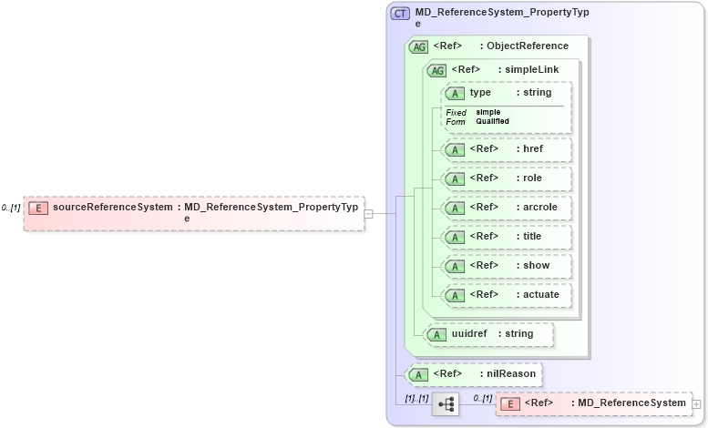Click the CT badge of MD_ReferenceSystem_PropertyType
[x=400, y=14]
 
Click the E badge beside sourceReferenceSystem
[x=38, y=208]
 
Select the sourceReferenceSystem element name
[x=112, y=208]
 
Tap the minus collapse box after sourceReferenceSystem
[x=369, y=213]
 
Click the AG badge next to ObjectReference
[x=419, y=46]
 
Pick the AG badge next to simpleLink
[x=437, y=70]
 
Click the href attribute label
[x=532, y=148]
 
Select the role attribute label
[x=532, y=178]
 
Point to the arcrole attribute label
[x=540, y=207]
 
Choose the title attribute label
[x=533, y=236]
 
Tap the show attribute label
[x=536, y=265]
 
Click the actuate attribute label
[x=541, y=294]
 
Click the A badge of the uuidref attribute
[x=437, y=334]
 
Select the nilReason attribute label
[x=511, y=373]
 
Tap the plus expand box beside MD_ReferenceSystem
[x=696, y=403]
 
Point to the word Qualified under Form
[x=492, y=121]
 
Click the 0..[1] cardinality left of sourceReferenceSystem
[x=11, y=208]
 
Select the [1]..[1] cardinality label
[x=417, y=398]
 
